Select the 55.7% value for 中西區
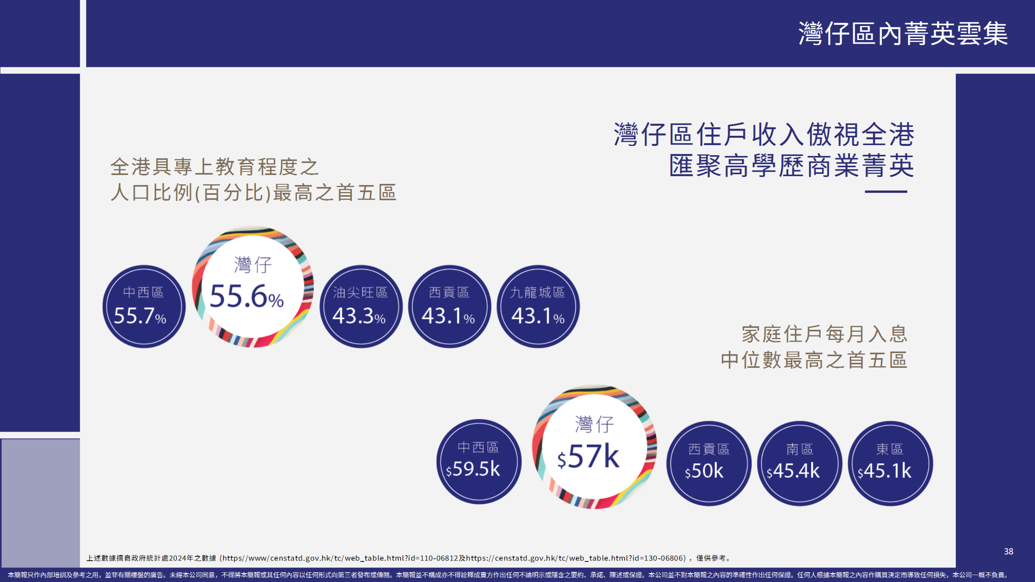point(140,316)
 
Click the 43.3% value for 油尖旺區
point(359,316)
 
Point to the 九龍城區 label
point(537,292)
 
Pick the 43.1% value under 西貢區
point(448,316)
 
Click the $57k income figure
point(588,456)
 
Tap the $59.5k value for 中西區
point(473,469)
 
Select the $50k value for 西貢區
point(704,471)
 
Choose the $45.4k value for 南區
point(793,471)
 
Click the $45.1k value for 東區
point(885,471)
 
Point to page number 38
point(1009,552)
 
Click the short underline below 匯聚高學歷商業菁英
point(886,192)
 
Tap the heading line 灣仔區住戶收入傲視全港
point(764,134)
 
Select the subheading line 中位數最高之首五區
point(814,360)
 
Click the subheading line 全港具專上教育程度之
point(215,167)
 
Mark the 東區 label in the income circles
point(890,449)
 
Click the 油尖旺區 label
point(360,292)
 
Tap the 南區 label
point(799,449)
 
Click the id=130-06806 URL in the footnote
point(576,558)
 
